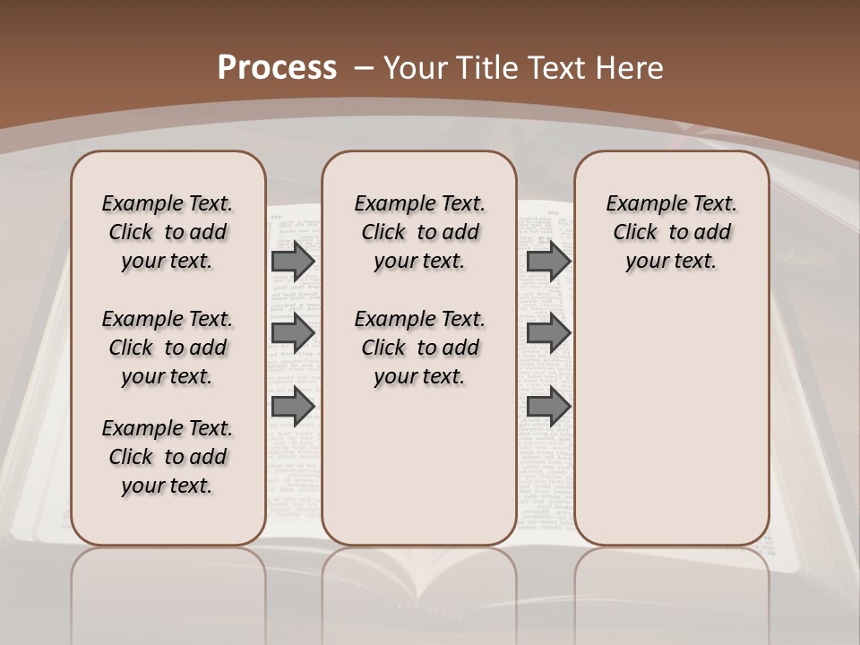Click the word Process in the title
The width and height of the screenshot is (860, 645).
[x=277, y=67]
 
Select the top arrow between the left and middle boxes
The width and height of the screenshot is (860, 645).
[x=293, y=261]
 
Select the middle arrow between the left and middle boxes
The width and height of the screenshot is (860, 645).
[x=293, y=333]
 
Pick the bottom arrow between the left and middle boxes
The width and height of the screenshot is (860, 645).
[x=293, y=406]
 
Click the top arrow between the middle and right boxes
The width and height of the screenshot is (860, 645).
[x=548, y=261]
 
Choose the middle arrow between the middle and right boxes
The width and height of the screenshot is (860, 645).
[x=548, y=333]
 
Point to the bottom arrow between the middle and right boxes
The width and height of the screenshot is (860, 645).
[x=548, y=406]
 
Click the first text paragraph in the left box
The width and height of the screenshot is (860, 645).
[x=168, y=232]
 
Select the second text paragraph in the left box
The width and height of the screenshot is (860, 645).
[x=168, y=348]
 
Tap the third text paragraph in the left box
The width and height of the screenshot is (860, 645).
[x=168, y=457]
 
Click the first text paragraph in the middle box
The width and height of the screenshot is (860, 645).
[x=419, y=232]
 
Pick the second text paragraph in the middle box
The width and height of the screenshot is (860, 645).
[x=419, y=348]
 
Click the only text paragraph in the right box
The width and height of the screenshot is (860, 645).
[x=671, y=232]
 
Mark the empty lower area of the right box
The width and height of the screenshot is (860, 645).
[x=671, y=421]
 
